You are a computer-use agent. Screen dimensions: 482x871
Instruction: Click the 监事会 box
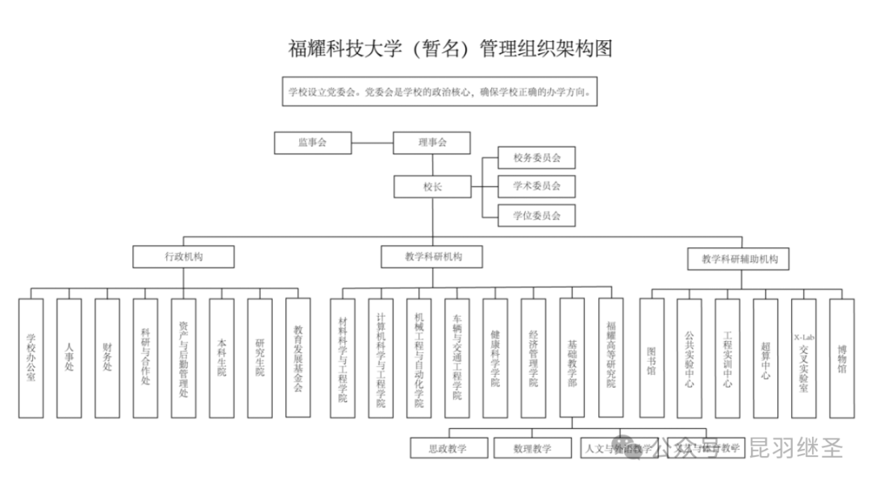(312, 143)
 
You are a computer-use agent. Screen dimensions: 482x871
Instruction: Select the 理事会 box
(432, 143)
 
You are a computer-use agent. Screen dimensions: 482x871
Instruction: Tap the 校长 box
(432, 187)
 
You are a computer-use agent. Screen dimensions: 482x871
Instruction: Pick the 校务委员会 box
(536, 157)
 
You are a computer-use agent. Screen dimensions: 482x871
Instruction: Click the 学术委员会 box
(536, 186)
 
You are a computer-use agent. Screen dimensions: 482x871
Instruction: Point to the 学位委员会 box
(536, 215)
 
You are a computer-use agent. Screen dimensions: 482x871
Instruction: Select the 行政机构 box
(184, 257)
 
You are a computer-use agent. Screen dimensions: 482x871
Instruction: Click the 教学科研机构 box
(432, 257)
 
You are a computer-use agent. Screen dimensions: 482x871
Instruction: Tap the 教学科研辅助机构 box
(739, 259)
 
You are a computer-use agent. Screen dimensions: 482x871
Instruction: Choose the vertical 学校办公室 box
(31, 358)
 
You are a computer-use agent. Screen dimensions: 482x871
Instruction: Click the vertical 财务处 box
(107, 358)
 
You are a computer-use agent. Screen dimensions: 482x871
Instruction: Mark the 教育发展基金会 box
(298, 358)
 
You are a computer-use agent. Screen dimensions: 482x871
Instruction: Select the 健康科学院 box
(495, 358)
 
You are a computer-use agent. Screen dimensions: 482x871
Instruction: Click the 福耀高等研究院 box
(611, 358)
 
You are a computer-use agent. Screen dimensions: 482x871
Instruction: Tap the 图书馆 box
(652, 358)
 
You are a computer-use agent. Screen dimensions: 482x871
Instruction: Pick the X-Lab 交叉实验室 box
(803, 358)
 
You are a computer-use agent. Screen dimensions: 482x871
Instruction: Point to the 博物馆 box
(841, 358)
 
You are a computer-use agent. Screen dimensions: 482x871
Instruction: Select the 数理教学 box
(532, 447)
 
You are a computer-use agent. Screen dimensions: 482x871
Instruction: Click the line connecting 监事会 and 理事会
(372, 143)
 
